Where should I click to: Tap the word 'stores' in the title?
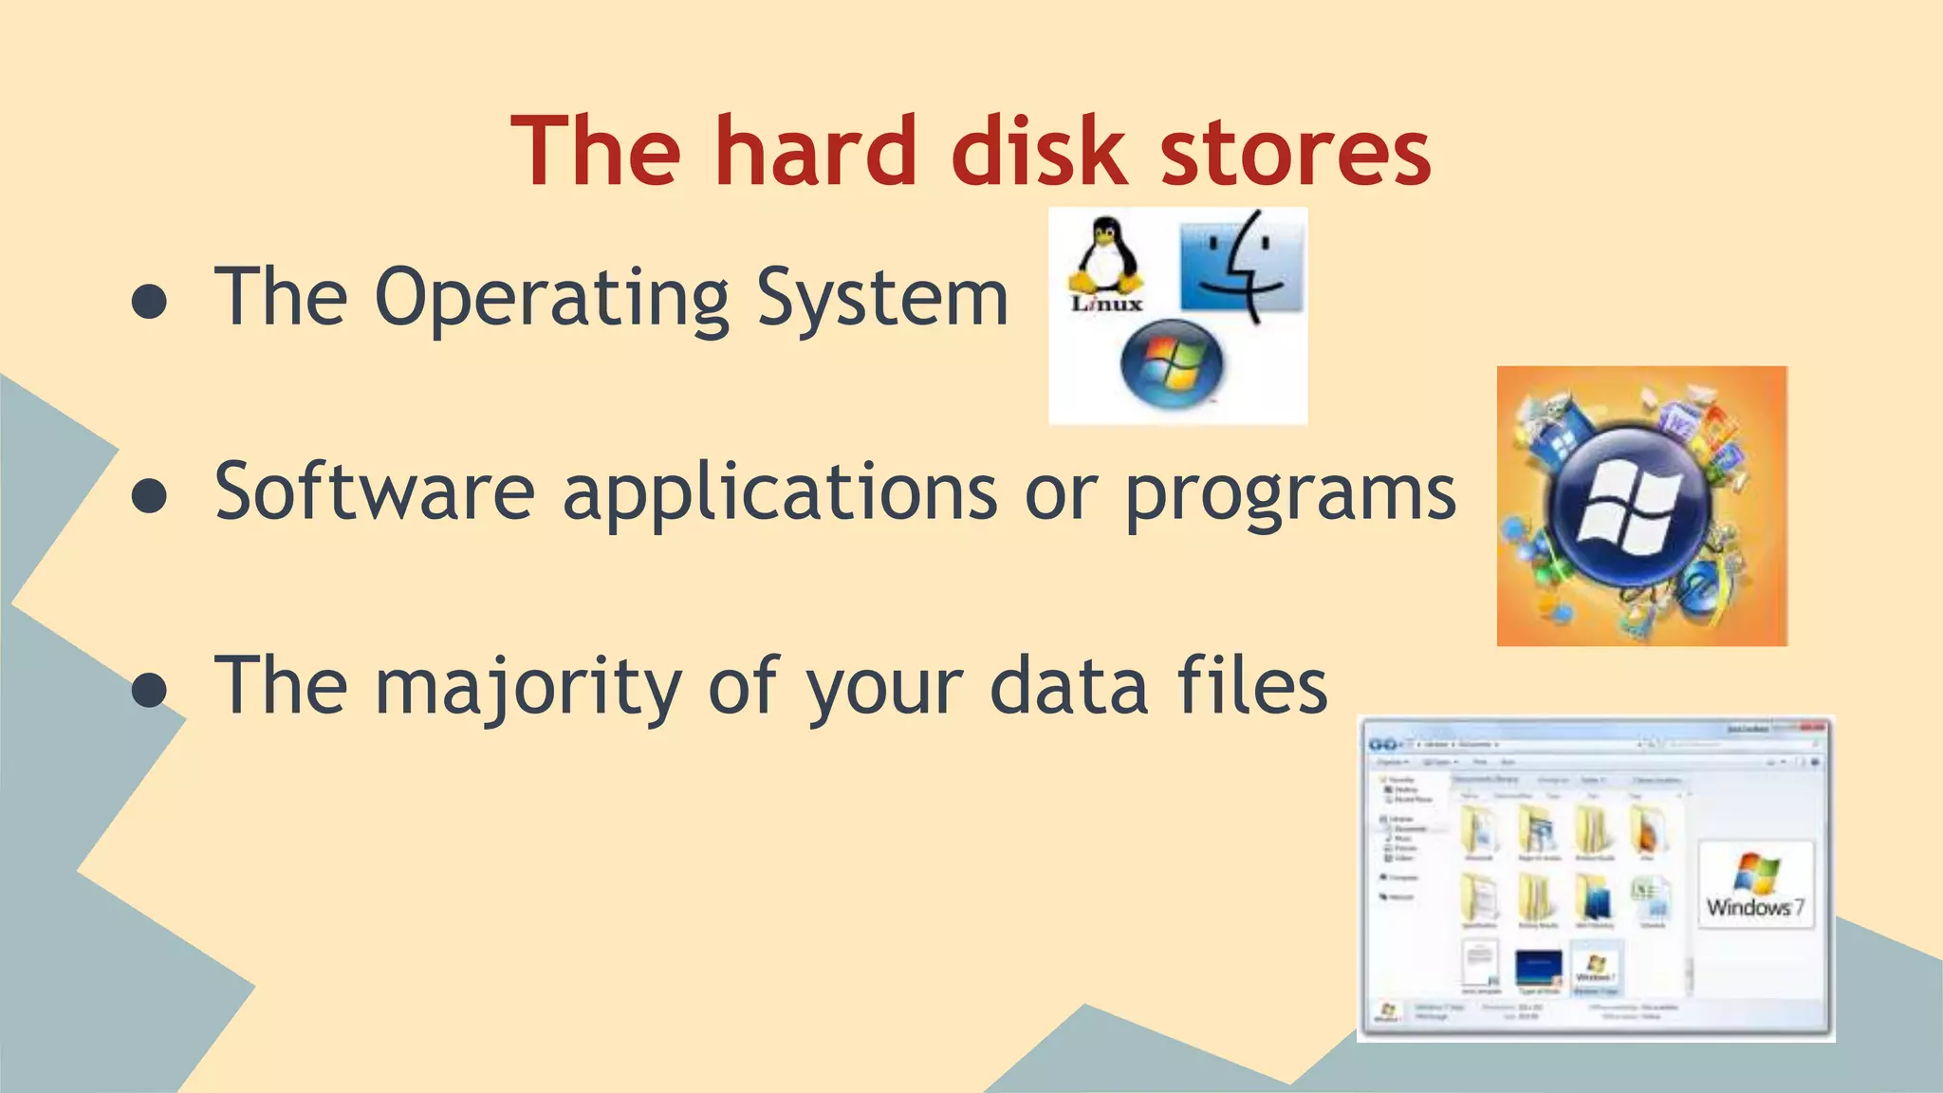(x=1295, y=152)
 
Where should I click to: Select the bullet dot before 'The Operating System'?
(x=149, y=302)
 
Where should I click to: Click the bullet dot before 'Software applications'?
(x=149, y=495)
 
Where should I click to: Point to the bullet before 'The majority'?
(x=149, y=690)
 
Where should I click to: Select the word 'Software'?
(x=375, y=491)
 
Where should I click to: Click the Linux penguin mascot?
(x=1103, y=254)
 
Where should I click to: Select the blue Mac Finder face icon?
(x=1242, y=266)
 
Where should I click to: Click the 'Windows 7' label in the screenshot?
(x=1754, y=906)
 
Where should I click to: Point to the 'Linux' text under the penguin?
(x=1106, y=305)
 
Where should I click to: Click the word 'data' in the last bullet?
(x=1068, y=685)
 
